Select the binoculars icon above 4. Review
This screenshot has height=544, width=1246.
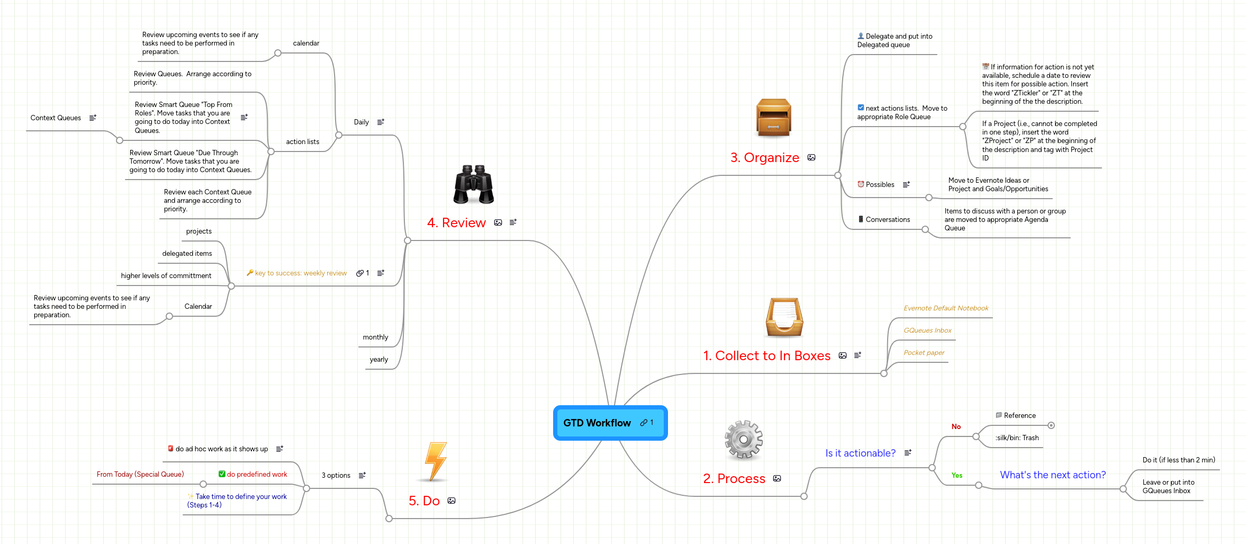pos(473,184)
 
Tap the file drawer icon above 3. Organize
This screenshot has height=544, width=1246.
pos(773,118)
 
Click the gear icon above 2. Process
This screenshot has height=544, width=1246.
pos(744,439)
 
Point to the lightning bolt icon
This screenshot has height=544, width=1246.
pos(436,461)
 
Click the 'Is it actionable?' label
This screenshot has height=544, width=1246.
pos(860,453)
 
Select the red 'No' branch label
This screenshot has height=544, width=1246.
pos(956,426)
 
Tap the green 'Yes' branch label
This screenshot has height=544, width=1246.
pos(956,475)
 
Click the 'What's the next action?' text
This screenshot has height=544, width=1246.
pos(1052,475)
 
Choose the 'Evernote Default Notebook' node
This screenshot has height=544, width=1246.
pos(945,308)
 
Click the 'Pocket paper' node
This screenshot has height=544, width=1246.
pos(924,353)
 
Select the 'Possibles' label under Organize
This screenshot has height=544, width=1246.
pos(880,185)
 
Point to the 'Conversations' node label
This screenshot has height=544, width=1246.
pos(888,220)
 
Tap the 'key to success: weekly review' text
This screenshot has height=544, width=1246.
pos(301,273)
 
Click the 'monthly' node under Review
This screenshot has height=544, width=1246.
pos(375,337)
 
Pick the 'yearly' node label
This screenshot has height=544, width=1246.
pos(378,360)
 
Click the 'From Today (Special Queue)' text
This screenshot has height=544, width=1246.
pos(140,475)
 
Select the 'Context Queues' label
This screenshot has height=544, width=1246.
pos(56,118)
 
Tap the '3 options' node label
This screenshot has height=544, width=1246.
pos(336,476)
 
